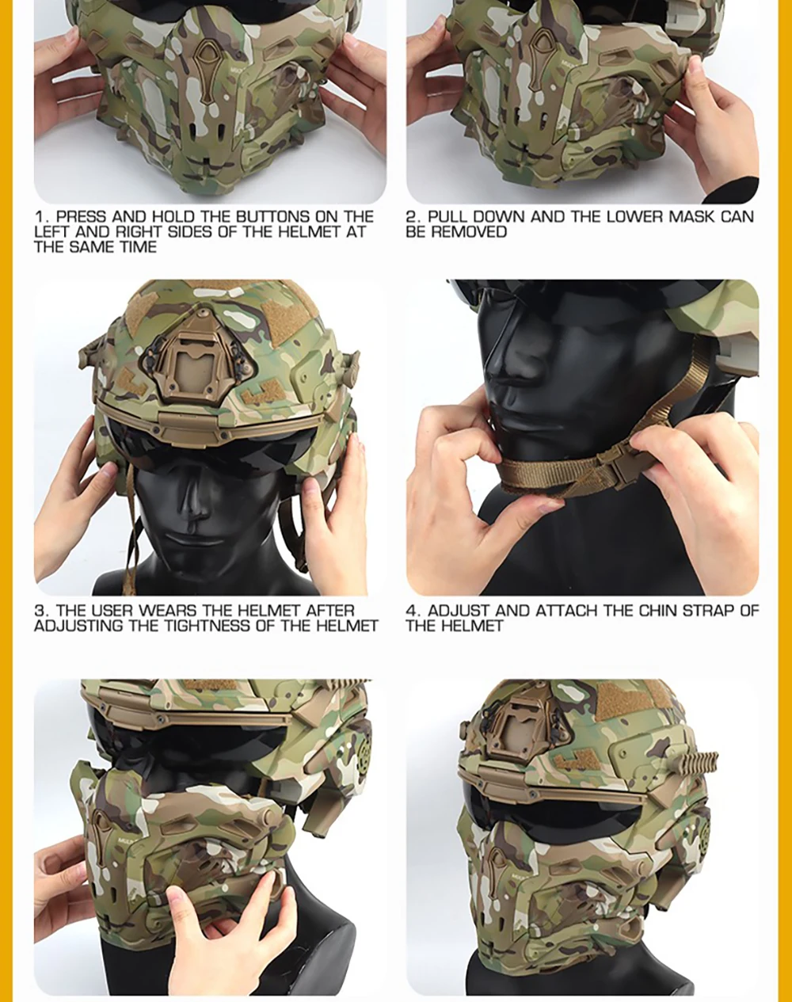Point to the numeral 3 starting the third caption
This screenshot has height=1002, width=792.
click(39, 611)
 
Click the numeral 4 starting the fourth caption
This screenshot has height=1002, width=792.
click(411, 611)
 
